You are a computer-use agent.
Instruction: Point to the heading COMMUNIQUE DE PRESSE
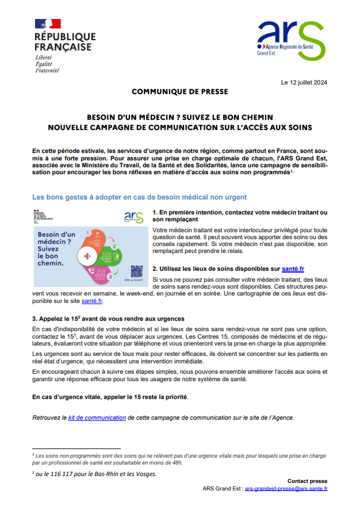180,91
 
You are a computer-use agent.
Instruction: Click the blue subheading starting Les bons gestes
132,197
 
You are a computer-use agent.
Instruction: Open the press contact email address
286,489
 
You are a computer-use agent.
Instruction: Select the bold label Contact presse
307,481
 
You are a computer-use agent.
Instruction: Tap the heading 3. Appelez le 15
108,319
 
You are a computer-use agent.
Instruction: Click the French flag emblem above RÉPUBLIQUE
48,24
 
